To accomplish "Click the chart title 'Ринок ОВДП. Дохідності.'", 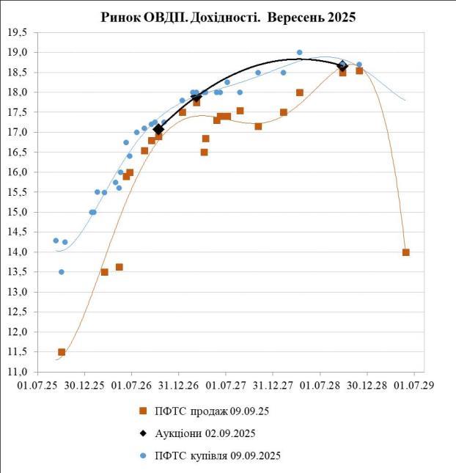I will (183, 17).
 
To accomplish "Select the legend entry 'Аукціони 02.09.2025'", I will (205, 433).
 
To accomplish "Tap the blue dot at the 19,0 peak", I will (299, 53).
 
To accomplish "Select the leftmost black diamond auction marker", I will (158, 129).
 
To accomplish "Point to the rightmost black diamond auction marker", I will (342, 66).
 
